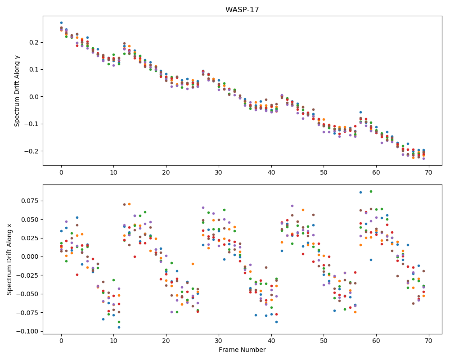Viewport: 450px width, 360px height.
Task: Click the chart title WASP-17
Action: [x=242, y=10]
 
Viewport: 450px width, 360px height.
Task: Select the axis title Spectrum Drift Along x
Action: [x=9, y=259]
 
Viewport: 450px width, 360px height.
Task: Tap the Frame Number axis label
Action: [x=242, y=350]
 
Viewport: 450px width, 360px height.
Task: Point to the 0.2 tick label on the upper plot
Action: [x=35, y=42]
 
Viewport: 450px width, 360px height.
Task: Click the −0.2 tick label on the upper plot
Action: [x=31, y=151]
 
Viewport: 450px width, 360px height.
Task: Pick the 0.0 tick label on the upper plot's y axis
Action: [x=35, y=97]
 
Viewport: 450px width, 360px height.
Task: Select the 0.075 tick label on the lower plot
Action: [x=30, y=201]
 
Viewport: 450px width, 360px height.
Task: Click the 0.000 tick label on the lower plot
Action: [x=30, y=256]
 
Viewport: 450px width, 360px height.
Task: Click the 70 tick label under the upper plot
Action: [x=429, y=172]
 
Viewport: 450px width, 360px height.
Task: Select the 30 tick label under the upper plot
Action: [x=219, y=172]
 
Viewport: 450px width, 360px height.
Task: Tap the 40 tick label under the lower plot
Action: [x=271, y=341]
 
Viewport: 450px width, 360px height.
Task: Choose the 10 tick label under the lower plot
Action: [x=114, y=341]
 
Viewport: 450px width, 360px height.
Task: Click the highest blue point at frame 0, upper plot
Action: [x=61, y=22]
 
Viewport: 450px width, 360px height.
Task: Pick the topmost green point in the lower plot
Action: [x=371, y=192]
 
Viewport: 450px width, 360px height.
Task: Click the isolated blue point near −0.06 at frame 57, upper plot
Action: [x=360, y=112]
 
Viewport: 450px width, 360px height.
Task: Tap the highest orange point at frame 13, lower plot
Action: [x=130, y=204]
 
